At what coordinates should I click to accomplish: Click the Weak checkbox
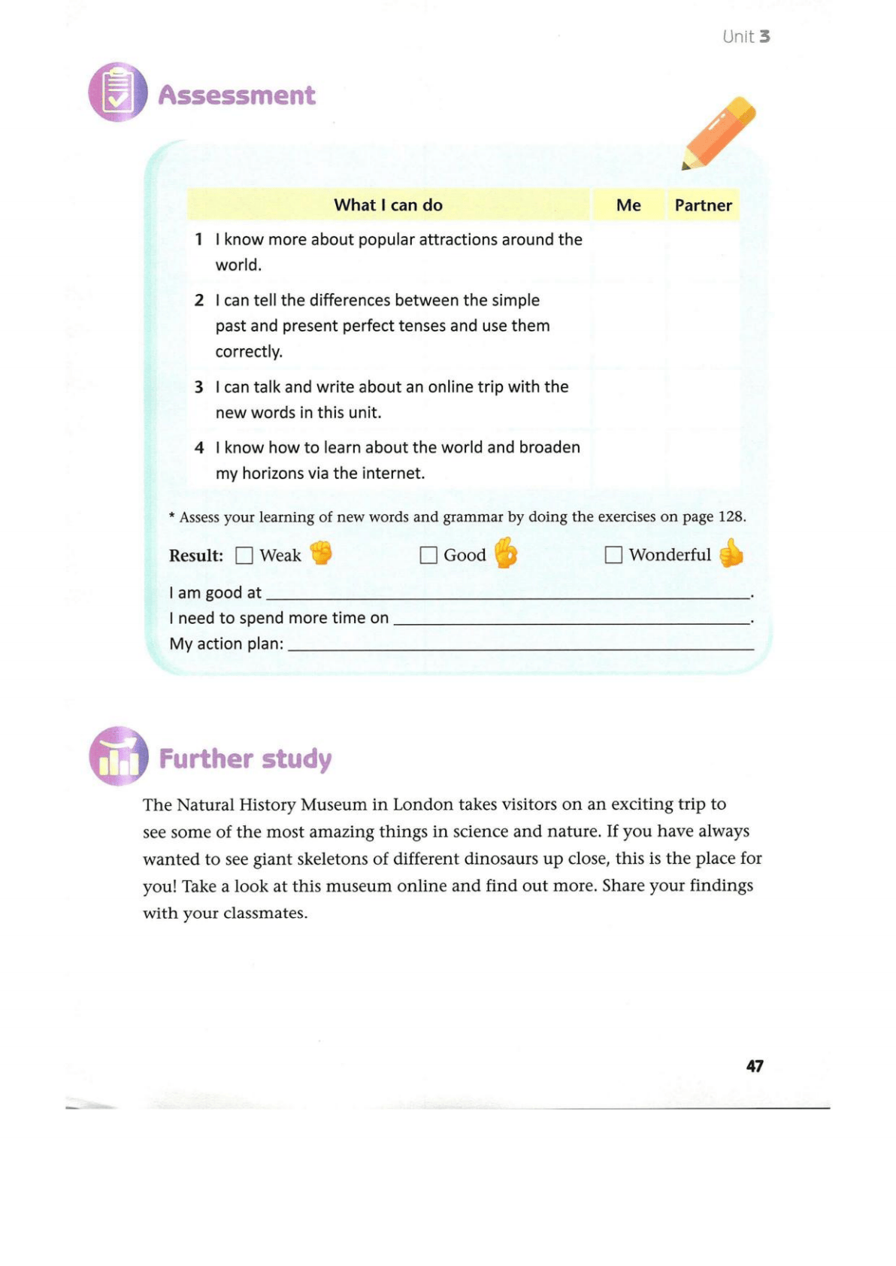244,556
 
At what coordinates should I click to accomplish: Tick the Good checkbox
428,556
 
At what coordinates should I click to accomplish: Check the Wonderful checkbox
613,555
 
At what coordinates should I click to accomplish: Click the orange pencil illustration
719,132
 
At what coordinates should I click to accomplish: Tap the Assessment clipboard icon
118,92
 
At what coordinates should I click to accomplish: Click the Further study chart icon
119,756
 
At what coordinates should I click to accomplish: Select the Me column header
628,205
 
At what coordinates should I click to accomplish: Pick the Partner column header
703,205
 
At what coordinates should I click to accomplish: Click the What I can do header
388,205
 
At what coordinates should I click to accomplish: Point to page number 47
755,1066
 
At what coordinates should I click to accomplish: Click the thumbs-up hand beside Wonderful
731,553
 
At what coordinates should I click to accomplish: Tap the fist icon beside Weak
322,553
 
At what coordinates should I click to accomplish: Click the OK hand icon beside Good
506,553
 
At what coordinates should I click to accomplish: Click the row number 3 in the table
199,387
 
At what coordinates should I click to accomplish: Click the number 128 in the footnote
731,517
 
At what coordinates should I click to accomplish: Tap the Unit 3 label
746,37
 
